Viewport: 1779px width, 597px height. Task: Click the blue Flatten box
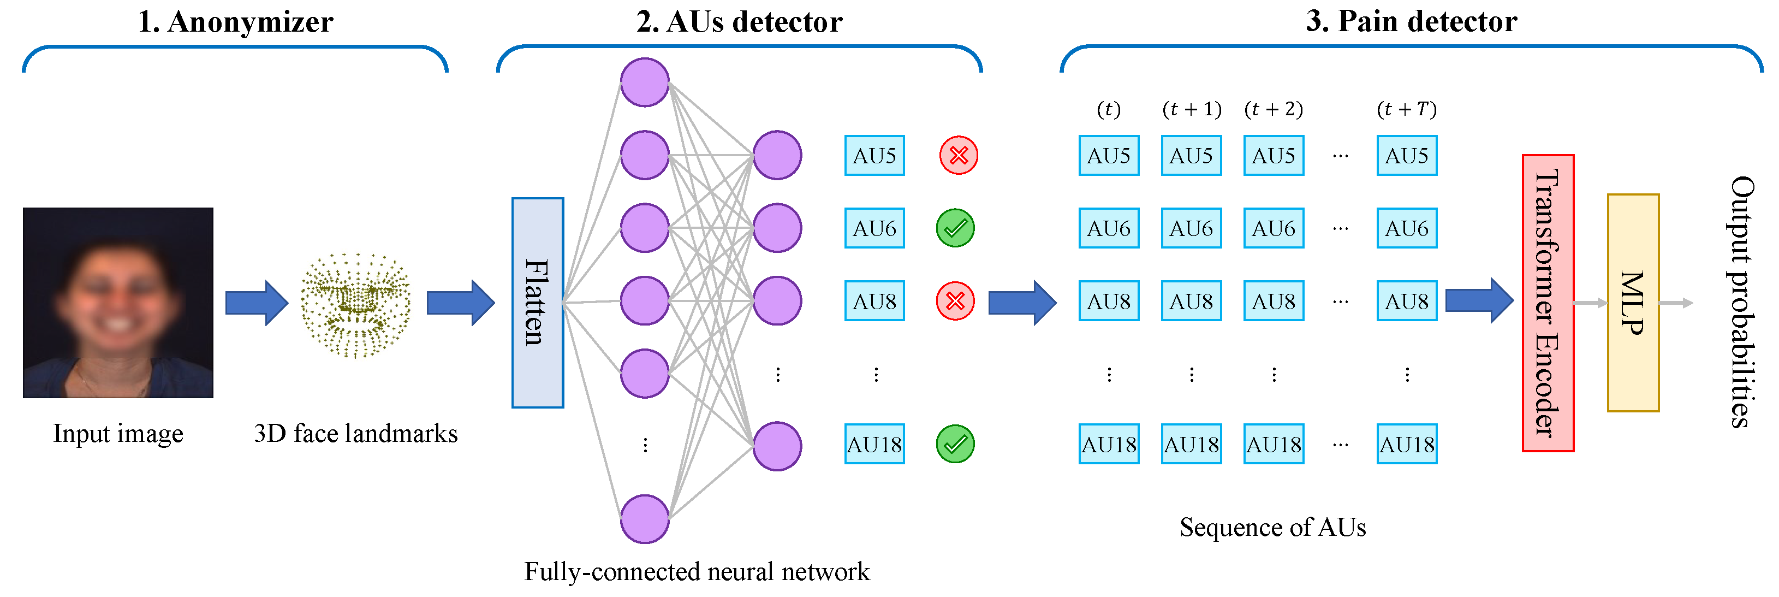[x=537, y=303]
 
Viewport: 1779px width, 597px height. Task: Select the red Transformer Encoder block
[x=1548, y=303]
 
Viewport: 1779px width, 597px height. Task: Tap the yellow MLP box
[x=1633, y=303]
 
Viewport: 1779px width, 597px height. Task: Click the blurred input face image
[x=118, y=303]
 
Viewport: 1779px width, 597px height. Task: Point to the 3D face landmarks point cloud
[x=356, y=305]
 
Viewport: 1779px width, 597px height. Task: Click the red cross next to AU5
[x=959, y=156]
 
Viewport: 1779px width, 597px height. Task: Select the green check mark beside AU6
[x=955, y=228]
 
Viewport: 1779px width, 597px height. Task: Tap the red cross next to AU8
[x=955, y=302]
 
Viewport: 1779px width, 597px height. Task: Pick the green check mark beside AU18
[x=955, y=444]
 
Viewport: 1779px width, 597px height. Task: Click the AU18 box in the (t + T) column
[x=1407, y=444]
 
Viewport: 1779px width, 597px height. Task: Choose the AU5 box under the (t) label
[x=1109, y=156]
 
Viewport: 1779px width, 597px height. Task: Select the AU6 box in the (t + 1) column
[x=1191, y=228]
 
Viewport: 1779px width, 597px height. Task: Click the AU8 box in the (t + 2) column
[x=1274, y=302]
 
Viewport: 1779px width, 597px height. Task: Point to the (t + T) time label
[x=1407, y=109]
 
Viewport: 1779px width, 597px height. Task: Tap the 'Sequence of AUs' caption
[x=1273, y=527]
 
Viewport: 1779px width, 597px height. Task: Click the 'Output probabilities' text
[x=1742, y=302]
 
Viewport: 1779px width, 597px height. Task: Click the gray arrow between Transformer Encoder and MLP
[x=1591, y=303]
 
